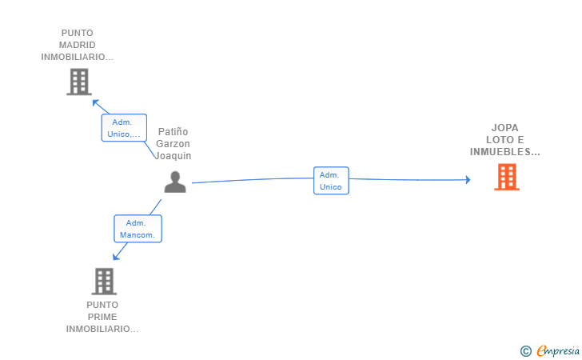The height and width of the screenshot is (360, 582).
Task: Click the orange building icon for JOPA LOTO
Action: [507, 178]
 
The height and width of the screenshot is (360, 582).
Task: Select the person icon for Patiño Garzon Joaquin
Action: [175, 182]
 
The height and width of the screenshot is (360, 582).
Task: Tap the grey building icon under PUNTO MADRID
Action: [79, 82]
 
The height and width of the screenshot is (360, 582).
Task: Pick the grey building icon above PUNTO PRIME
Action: [104, 282]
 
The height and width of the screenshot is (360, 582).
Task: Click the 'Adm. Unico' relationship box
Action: [331, 181]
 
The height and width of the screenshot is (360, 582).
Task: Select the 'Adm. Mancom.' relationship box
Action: [138, 229]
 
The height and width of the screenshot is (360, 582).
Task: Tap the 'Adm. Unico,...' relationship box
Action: [124, 128]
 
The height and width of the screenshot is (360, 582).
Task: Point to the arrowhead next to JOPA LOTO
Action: [468, 180]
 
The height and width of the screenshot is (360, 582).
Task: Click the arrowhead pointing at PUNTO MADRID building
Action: [95, 103]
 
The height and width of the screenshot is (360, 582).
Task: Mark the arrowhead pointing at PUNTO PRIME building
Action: [116, 256]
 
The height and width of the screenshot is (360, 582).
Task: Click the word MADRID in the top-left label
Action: [78, 45]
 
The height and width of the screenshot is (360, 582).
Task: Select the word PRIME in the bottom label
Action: [102, 317]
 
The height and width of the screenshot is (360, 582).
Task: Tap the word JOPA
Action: [504, 128]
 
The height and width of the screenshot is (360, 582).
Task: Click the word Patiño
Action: [173, 131]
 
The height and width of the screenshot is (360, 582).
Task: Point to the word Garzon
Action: [173, 143]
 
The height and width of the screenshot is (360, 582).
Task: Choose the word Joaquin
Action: [173, 156]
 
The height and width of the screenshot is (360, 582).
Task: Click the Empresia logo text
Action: [558, 350]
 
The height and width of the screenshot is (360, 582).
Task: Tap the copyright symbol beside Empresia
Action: [525, 351]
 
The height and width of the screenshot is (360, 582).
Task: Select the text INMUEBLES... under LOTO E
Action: [504, 152]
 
